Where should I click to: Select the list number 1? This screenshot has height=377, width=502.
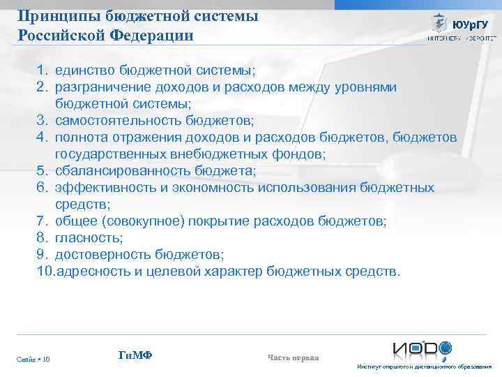point(43,71)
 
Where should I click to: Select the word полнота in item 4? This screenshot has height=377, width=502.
point(79,138)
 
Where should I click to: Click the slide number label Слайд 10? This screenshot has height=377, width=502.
point(33,360)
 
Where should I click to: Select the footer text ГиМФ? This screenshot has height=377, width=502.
point(135,356)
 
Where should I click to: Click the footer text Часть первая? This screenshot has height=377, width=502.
point(293,358)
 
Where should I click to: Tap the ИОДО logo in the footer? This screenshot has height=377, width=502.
point(422,348)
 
